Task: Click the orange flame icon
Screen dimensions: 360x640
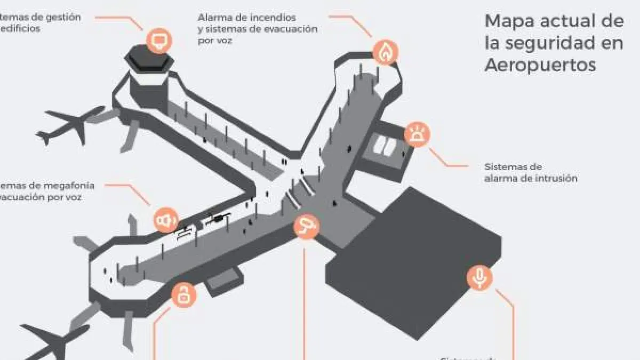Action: (386, 52)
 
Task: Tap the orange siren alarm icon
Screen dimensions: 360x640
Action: (416, 135)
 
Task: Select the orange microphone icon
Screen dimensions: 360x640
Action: (480, 277)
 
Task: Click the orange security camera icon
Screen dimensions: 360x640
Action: (307, 227)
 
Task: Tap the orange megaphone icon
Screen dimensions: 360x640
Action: (165, 220)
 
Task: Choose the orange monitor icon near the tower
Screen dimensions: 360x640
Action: (159, 40)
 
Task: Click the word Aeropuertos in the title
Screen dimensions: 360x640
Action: (540, 65)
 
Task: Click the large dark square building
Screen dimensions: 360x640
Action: (421, 267)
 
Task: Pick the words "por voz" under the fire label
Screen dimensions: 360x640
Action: (214, 40)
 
